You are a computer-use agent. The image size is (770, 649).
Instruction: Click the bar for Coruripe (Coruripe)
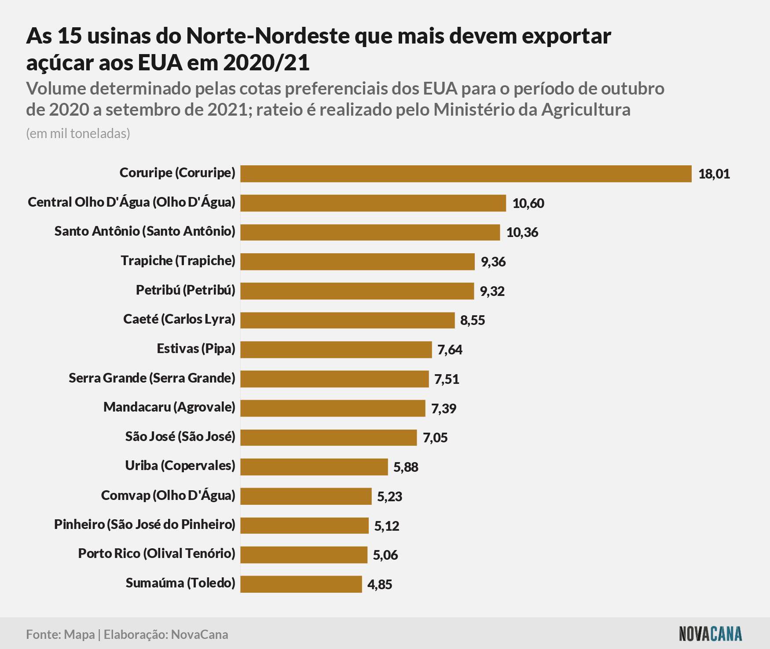click(466, 174)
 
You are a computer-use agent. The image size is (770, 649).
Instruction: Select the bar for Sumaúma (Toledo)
click(301, 584)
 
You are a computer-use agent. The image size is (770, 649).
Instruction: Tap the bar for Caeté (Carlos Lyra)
click(348, 320)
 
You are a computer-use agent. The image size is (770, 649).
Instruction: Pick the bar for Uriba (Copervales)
click(314, 467)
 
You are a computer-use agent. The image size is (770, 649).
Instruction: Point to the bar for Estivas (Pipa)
click(336, 350)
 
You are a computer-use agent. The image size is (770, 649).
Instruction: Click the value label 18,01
click(714, 174)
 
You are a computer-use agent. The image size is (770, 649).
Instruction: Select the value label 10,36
click(522, 233)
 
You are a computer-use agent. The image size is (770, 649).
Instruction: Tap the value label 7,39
click(444, 409)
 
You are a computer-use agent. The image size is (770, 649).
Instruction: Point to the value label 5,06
click(385, 555)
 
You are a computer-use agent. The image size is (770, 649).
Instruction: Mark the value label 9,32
click(492, 291)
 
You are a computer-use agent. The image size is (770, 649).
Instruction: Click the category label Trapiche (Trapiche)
click(178, 261)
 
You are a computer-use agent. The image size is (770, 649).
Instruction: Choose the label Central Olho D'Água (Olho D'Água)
click(132, 202)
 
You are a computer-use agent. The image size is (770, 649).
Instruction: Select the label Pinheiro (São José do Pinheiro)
click(145, 525)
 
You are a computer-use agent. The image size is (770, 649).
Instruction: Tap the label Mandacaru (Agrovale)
click(169, 407)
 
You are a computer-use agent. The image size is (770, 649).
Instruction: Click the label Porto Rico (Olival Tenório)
click(157, 554)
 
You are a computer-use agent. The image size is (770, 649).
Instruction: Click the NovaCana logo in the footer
click(711, 634)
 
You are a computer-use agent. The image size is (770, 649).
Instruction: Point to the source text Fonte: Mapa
click(60, 634)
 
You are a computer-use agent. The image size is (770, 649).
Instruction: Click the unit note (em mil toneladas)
click(78, 134)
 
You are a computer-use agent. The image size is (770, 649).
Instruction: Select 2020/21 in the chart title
click(266, 63)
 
